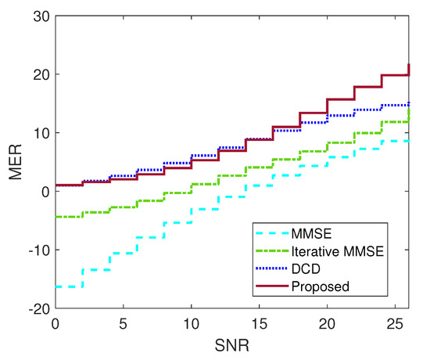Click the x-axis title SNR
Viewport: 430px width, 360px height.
pyautogui.click(x=232, y=345)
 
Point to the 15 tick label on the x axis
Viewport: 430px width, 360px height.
pyautogui.click(x=260, y=323)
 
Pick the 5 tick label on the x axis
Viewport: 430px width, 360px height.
pyautogui.click(x=123, y=323)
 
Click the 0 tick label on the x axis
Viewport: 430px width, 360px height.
pyautogui.click(x=55, y=323)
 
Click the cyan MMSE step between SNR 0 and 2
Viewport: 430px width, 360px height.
pyautogui.click(x=68, y=286)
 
